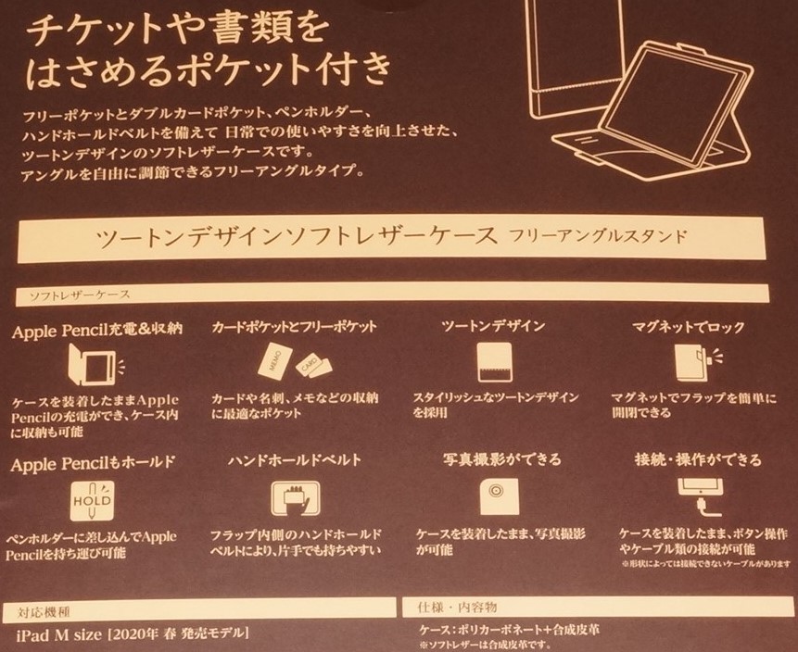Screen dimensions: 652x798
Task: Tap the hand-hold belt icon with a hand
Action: pos(296,499)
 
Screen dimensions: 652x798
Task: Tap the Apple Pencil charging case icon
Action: pos(93,362)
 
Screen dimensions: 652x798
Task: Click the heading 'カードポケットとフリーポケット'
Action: pos(294,328)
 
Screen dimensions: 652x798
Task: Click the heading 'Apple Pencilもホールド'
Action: pos(93,460)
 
